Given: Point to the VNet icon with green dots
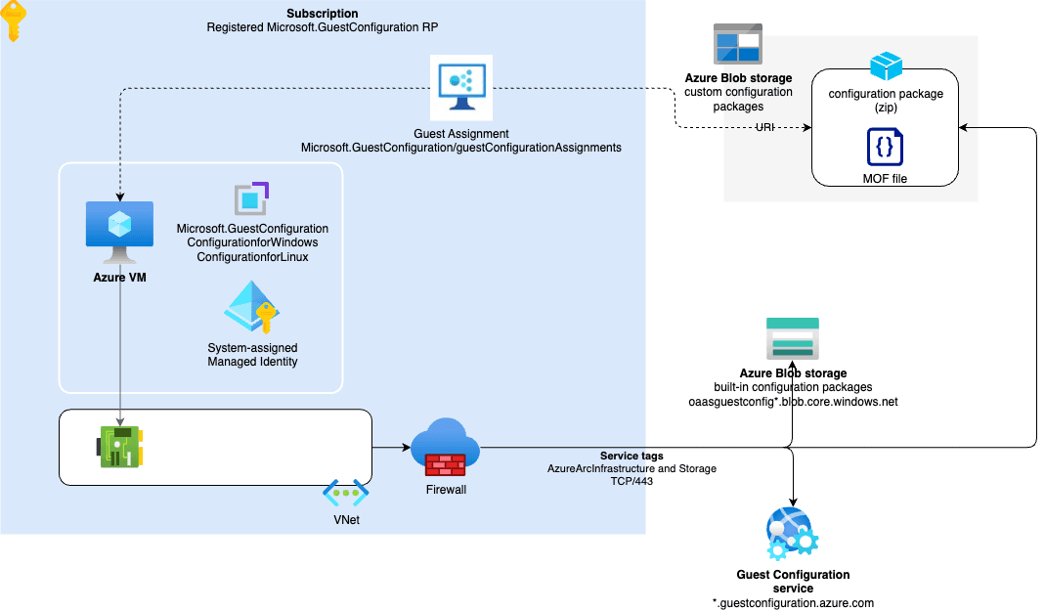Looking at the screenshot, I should click(345, 495).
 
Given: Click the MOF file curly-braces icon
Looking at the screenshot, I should click(884, 147).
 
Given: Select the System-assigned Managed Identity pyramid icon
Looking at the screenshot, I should click(251, 309).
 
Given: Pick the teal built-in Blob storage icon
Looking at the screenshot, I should click(792, 340).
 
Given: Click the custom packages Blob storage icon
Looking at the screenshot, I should click(738, 44).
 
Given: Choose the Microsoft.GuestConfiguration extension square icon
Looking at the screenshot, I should click(251, 198).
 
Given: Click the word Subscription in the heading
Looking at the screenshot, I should click(322, 13).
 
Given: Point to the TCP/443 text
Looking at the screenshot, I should click(631, 482).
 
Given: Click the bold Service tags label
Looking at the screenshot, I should click(631, 457).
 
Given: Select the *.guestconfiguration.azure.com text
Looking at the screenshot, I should click(793, 603).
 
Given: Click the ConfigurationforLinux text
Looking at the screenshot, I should click(252, 256).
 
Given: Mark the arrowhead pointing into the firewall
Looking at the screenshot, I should click(403, 449).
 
